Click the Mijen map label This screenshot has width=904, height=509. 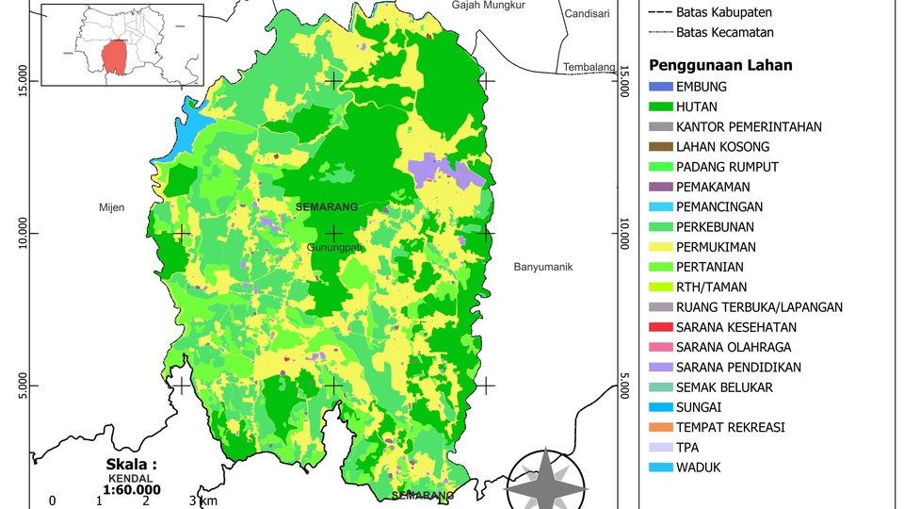coord(111,207)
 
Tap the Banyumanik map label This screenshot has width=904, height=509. coord(543,267)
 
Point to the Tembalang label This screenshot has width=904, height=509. coord(589,68)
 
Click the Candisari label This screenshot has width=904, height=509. coord(589,14)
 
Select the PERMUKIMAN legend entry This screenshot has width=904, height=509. coord(716,247)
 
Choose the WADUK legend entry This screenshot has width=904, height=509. coord(698,468)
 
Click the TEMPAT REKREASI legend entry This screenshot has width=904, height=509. coord(731,427)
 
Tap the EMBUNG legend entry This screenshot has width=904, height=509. coord(702,87)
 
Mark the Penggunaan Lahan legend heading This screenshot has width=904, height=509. coord(720,65)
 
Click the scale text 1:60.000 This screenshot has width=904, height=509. coord(132,489)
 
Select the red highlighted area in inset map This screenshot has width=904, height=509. coord(115,57)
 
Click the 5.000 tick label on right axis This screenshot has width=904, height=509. coord(624,386)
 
